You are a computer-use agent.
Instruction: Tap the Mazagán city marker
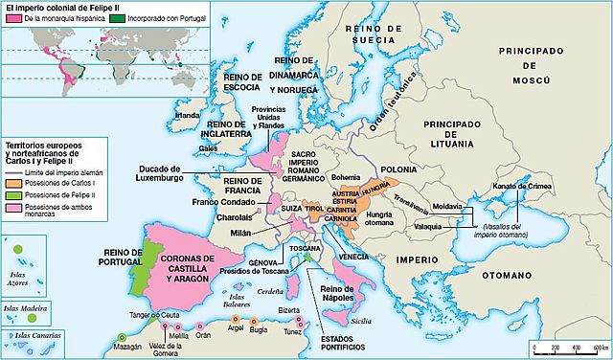[x=122, y=338]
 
